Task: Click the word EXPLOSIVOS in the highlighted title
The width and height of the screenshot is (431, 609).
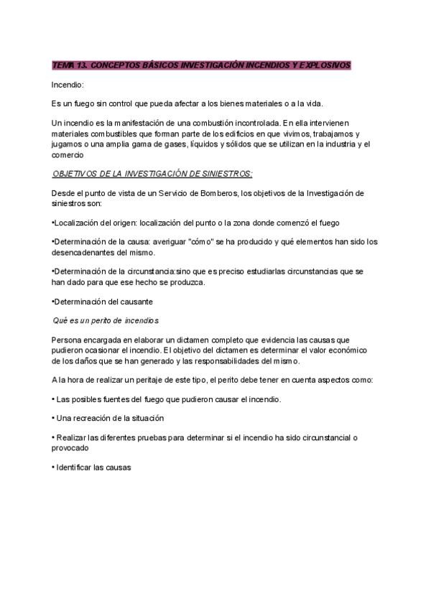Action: click(x=325, y=65)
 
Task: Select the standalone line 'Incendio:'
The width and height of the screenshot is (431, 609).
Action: click(x=68, y=85)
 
